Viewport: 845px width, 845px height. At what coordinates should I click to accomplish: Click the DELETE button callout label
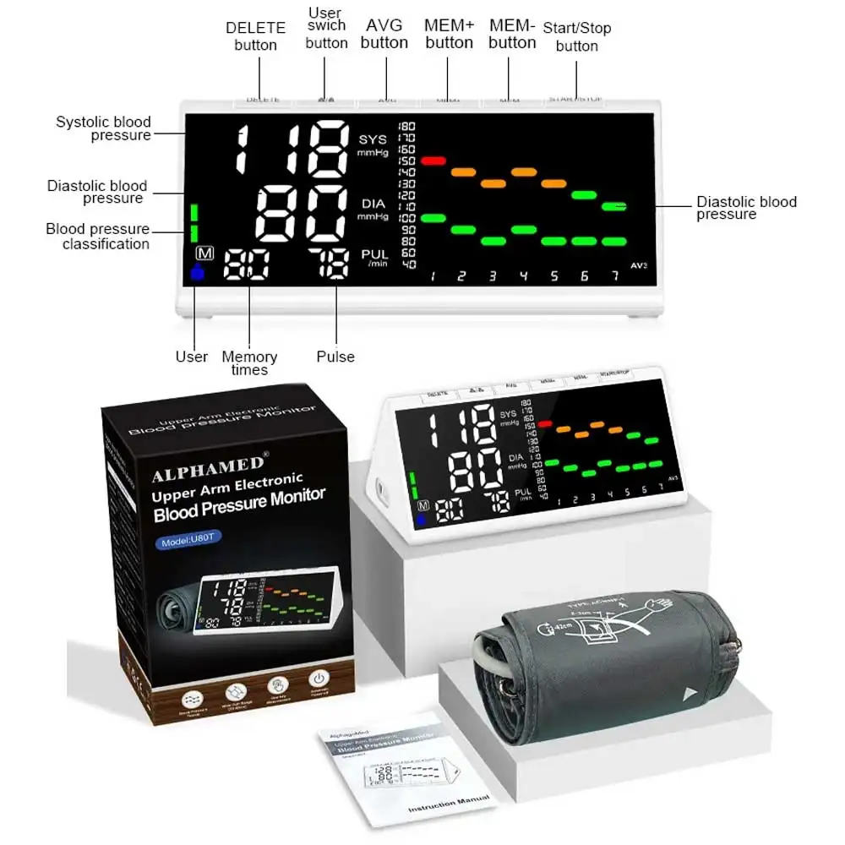pyautogui.click(x=255, y=36)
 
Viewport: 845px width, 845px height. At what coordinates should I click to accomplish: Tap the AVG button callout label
pyautogui.click(x=384, y=34)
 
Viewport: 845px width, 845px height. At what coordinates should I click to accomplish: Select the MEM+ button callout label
pyautogui.click(x=449, y=34)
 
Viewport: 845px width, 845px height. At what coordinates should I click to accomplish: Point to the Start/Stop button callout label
pyautogui.click(x=577, y=37)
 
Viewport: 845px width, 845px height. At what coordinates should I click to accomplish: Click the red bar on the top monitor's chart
pyautogui.click(x=433, y=160)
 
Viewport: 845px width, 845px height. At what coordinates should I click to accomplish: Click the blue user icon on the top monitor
pyautogui.click(x=199, y=272)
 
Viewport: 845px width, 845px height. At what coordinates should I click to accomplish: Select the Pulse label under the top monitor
pyautogui.click(x=335, y=357)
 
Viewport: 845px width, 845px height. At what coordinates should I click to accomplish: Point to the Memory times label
pyautogui.click(x=249, y=363)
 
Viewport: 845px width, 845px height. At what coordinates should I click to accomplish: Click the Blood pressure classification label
pyautogui.click(x=98, y=237)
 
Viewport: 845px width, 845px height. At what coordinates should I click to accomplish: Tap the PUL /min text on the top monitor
pyautogui.click(x=375, y=257)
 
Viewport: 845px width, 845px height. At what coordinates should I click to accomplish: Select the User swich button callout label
pyautogui.click(x=326, y=28)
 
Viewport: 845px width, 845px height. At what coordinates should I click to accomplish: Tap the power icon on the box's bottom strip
pyautogui.click(x=319, y=679)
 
